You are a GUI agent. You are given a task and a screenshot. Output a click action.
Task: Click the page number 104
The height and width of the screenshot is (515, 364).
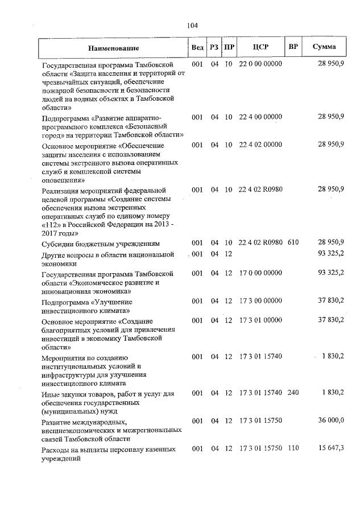click(192, 25)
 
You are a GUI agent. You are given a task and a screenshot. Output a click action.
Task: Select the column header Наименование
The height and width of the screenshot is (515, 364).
click(113, 48)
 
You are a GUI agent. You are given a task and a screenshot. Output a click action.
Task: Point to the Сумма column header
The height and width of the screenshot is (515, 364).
click(324, 47)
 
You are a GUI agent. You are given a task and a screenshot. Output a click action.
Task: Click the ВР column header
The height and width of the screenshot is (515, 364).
click(293, 47)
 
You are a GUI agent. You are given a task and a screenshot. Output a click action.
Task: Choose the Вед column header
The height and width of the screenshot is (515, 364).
click(197, 47)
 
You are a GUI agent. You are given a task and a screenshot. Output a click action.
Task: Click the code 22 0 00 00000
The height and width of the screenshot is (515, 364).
click(260, 64)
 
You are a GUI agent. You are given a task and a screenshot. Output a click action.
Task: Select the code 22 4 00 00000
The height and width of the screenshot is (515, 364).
click(260, 117)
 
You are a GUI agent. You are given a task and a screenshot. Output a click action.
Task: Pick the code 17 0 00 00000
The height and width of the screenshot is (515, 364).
click(260, 274)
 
